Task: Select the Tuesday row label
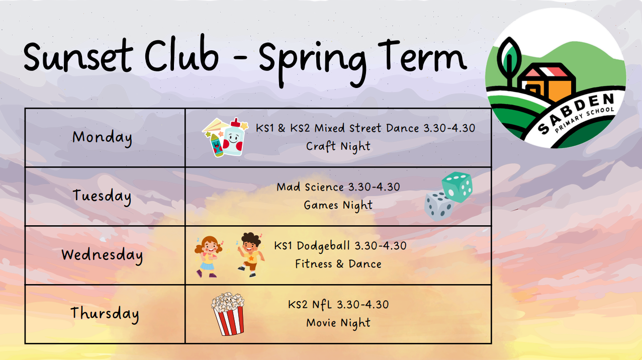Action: tap(102, 196)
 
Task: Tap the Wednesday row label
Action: tap(102, 255)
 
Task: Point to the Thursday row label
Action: tap(105, 314)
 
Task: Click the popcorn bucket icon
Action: tap(228, 314)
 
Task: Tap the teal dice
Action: tap(457, 187)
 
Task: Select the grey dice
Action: tap(439, 206)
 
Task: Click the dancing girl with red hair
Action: tap(208, 256)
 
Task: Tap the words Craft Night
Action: tap(338, 146)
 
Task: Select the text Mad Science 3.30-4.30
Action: tap(338, 187)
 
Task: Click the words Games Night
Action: tap(338, 206)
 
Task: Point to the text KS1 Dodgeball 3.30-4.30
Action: tap(340, 246)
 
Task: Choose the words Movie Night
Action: tap(338, 323)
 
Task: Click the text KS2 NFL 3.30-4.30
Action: tap(338, 304)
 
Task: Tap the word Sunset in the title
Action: tap(78, 56)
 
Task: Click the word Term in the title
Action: tap(422, 56)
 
